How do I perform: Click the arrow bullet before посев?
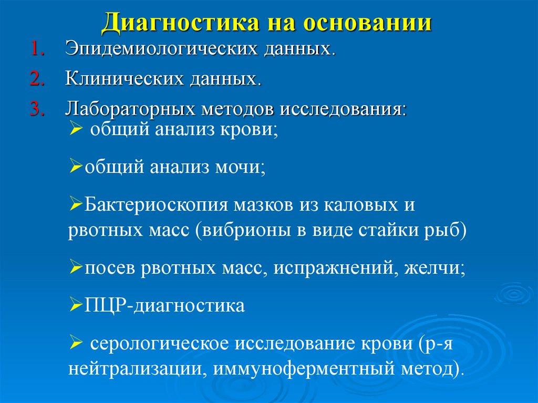pyautogui.click(x=74, y=268)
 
